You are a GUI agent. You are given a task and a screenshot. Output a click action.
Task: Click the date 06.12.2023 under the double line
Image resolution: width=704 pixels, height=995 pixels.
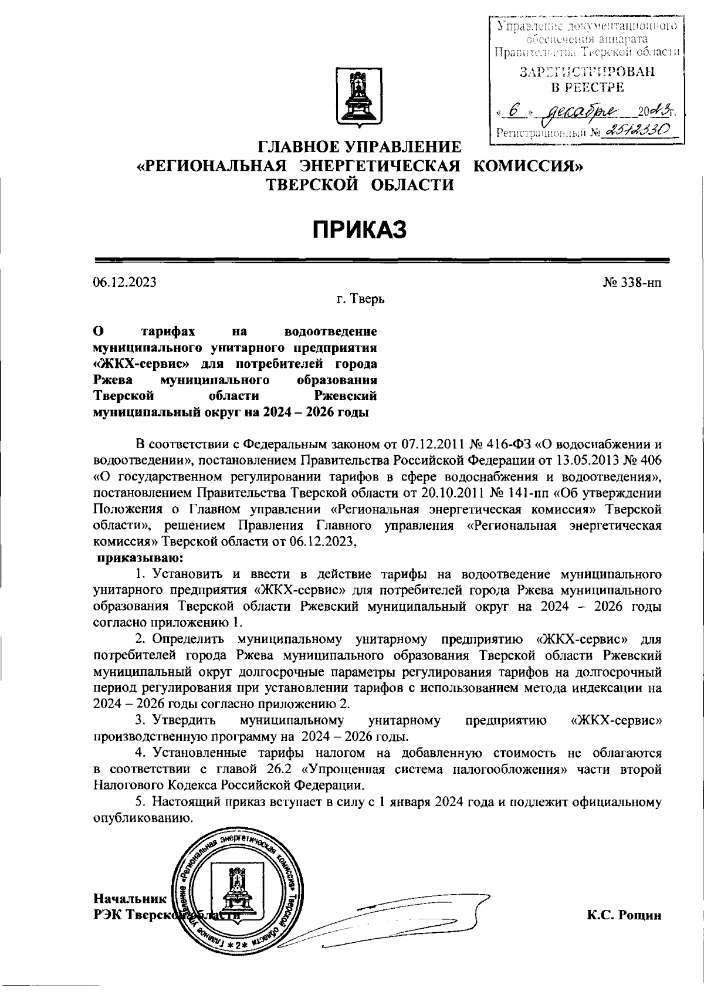[x=124, y=282]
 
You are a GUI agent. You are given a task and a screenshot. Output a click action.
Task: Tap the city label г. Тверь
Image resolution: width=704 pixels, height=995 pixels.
[x=361, y=299]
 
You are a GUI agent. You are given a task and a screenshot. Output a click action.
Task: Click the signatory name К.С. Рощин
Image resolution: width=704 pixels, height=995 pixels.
[x=624, y=915]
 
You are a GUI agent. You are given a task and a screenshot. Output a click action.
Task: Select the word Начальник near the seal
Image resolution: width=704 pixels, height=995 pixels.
[x=130, y=898]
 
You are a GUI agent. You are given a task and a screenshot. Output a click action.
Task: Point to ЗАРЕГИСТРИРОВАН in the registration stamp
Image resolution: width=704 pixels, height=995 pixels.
[x=586, y=72]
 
